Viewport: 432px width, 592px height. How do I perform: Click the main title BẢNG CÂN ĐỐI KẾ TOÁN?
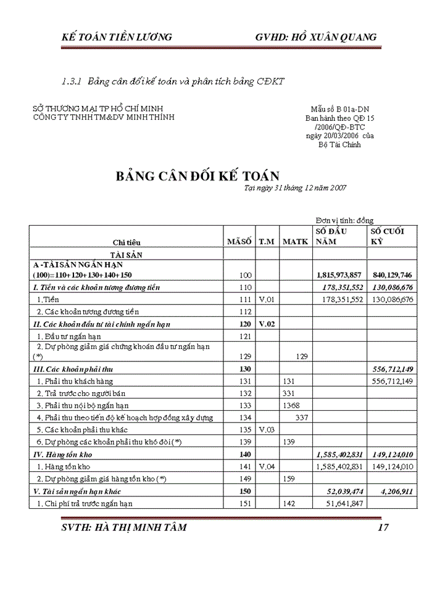(x=197, y=176)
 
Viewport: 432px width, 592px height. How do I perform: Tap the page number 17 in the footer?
(x=383, y=527)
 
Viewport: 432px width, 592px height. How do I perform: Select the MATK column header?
(x=295, y=242)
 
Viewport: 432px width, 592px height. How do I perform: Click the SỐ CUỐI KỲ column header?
(x=387, y=236)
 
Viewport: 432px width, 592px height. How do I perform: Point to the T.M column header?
(x=266, y=242)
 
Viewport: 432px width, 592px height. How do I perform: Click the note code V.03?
(x=266, y=429)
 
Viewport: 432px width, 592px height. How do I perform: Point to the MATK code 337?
(x=301, y=417)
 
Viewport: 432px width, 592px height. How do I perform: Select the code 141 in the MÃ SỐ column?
(x=246, y=467)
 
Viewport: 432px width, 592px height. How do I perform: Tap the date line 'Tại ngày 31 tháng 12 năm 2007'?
(x=295, y=188)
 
